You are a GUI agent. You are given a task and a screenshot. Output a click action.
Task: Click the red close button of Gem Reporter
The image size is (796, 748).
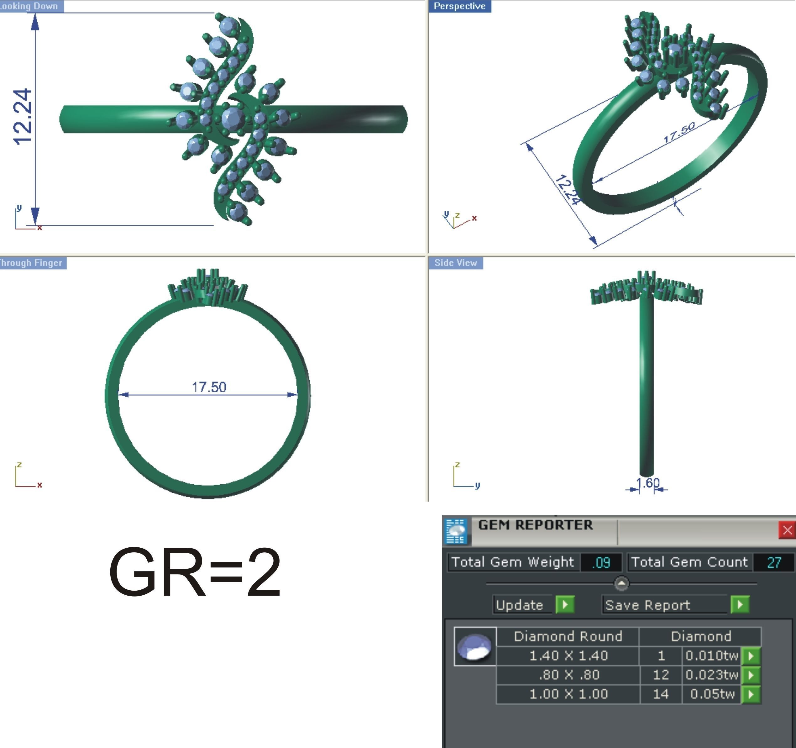pyautogui.click(x=786, y=530)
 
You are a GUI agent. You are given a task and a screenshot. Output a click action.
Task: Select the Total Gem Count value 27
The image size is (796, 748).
pyautogui.click(x=773, y=562)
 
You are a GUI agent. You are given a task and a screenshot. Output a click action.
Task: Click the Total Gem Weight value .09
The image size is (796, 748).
pyautogui.click(x=601, y=562)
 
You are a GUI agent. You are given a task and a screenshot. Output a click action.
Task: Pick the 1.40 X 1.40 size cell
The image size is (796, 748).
pyautogui.click(x=568, y=656)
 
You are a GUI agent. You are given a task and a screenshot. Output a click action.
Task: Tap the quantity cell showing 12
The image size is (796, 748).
pyautogui.click(x=660, y=675)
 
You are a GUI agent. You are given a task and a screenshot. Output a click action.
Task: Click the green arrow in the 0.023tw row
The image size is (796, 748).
pyautogui.click(x=751, y=675)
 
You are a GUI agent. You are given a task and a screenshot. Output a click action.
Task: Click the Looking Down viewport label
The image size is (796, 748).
pyautogui.click(x=30, y=6)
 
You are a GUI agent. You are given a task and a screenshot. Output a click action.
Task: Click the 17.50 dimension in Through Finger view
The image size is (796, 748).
pyautogui.click(x=209, y=387)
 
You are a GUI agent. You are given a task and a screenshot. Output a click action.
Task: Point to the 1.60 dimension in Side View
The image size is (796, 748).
pyautogui.click(x=647, y=483)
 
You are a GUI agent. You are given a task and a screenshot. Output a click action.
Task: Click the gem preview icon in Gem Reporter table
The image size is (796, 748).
pyautogui.click(x=475, y=646)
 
